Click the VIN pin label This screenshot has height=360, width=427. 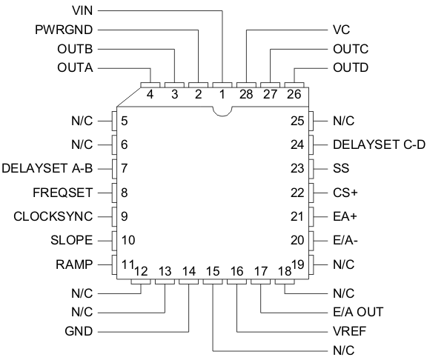click(x=82, y=11)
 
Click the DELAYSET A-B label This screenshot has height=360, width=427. click(x=48, y=167)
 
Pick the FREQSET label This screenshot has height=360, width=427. click(x=62, y=192)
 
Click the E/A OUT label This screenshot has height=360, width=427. click(x=359, y=311)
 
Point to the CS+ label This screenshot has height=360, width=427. click(x=345, y=192)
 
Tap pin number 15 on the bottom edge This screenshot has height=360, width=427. click(x=213, y=271)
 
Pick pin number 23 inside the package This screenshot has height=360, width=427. click(x=297, y=168)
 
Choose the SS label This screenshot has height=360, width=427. click(x=341, y=167)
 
